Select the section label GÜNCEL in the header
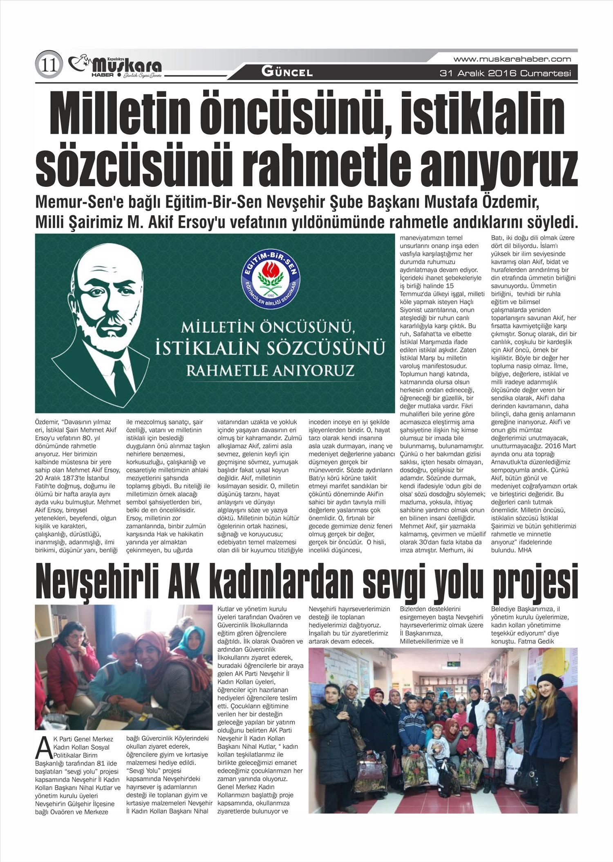pos(287,73)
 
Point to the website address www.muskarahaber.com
pos(512,59)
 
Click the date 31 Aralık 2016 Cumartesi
pos(505,74)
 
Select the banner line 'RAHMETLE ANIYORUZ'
pos(270,370)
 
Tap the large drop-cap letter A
pos(40,746)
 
